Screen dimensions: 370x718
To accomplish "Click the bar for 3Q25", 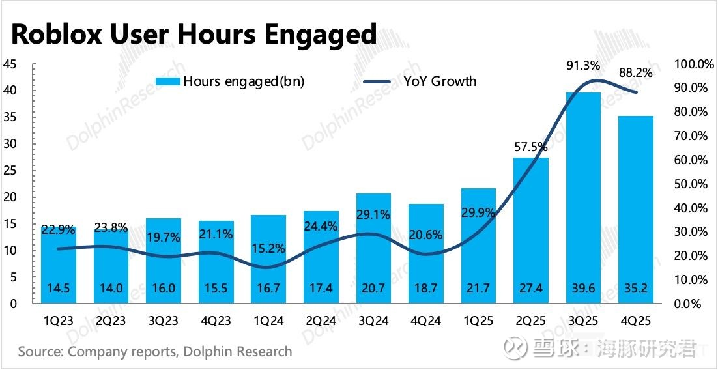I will [583, 195].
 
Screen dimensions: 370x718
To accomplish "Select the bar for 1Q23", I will [58, 264].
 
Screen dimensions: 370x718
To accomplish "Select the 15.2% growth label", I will [268, 248].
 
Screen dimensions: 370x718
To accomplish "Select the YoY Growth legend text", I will [440, 81].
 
